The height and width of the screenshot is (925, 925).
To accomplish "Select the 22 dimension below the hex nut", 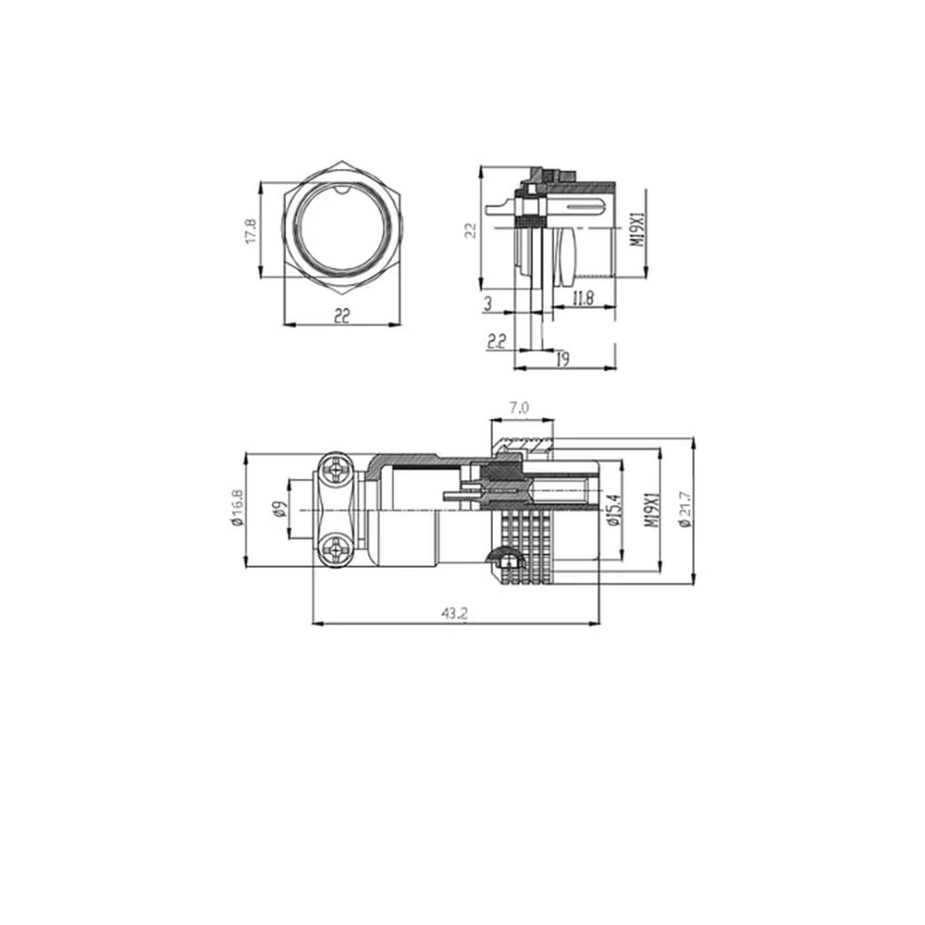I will (342, 316).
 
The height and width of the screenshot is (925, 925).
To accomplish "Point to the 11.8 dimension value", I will (583, 298).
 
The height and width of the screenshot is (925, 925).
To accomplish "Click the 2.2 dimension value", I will (497, 341).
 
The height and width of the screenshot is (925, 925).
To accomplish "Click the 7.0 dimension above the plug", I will (518, 407).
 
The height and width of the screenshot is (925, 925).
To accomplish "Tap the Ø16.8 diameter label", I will (237, 508).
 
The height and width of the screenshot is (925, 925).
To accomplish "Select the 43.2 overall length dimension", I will (453, 613).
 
